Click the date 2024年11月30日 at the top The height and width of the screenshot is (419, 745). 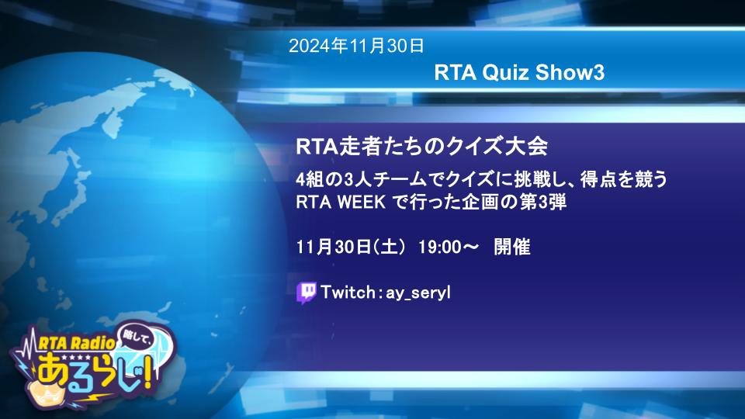[x=356, y=46]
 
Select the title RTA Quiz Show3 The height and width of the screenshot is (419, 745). [x=519, y=73]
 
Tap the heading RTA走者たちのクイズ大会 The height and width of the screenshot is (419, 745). [x=422, y=146]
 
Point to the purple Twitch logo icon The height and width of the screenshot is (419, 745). [x=307, y=293]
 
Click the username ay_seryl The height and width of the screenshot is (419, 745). [x=418, y=293]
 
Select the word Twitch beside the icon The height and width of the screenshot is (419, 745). [x=348, y=292]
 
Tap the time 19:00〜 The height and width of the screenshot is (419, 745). [x=448, y=247]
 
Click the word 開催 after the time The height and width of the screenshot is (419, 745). [x=512, y=247]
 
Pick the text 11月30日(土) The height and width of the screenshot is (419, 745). [x=351, y=247]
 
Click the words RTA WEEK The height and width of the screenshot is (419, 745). [x=341, y=203]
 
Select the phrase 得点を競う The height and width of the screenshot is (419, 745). [x=624, y=179]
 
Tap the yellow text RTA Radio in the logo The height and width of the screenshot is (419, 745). [x=77, y=343]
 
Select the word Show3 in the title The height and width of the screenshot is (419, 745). [x=570, y=73]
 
